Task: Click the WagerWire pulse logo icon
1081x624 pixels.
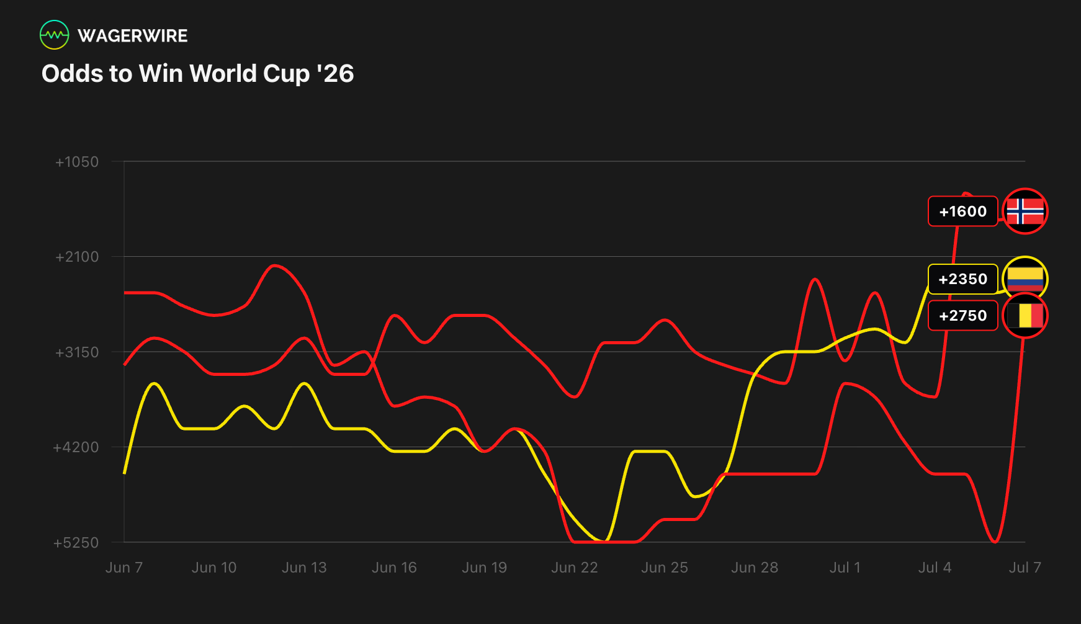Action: click(x=55, y=35)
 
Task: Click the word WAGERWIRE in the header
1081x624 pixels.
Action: click(x=133, y=36)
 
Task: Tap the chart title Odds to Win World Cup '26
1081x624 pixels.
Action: click(x=197, y=73)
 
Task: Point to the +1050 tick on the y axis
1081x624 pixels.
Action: click(x=77, y=162)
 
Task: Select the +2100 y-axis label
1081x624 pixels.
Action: click(x=77, y=257)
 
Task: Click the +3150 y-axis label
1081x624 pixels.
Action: click(x=77, y=352)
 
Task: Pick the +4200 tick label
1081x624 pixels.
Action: click(x=76, y=447)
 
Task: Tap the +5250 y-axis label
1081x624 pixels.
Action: click(x=76, y=543)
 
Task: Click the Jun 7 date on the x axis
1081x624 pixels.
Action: click(x=124, y=568)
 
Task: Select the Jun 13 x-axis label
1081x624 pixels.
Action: click(x=304, y=568)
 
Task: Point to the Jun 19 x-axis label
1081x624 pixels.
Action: click(x=484, y=568)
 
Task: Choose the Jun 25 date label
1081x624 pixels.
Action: click(x=665, y=568)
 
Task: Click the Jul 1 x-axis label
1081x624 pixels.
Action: click(x=845, y=568)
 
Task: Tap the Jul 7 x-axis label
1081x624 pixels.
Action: click(x=1025, y=568)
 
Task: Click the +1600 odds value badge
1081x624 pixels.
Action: click(x=962, y=212)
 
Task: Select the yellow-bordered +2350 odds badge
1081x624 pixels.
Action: click(x=962, y=279)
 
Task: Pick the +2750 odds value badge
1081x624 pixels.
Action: click(x=962, y=316)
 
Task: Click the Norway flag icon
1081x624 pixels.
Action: click(x=1025, y=212)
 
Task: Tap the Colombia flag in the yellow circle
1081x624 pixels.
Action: click(x=1025, y=279)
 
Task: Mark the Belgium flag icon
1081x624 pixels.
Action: click(x=1025, y=316)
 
